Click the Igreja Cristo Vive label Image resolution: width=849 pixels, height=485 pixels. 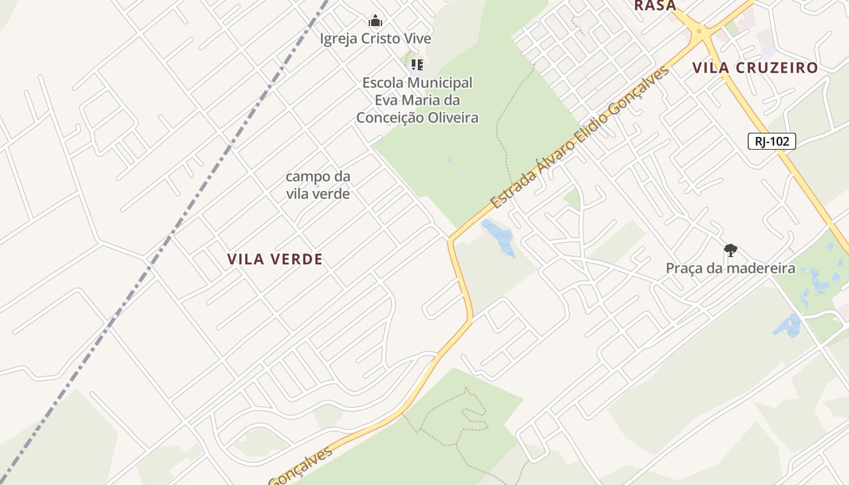[375, 39]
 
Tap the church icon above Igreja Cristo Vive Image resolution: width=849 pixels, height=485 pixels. [375, 21]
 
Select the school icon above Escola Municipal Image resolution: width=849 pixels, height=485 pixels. [417, 64]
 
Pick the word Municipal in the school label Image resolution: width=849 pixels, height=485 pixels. [442, 82]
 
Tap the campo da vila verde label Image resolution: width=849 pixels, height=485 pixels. [318, 185]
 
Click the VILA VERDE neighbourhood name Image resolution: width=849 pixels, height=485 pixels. [275, 259]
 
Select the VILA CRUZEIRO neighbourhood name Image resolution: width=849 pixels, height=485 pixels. [755, 68]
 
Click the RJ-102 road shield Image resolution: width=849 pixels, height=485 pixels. [771, 141]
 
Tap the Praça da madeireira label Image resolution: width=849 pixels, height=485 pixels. [730, 268]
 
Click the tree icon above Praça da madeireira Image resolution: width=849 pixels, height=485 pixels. [731, 250]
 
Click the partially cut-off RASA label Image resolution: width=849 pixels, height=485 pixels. [655, 5]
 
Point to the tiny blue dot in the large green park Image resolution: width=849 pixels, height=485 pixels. [449, 161]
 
